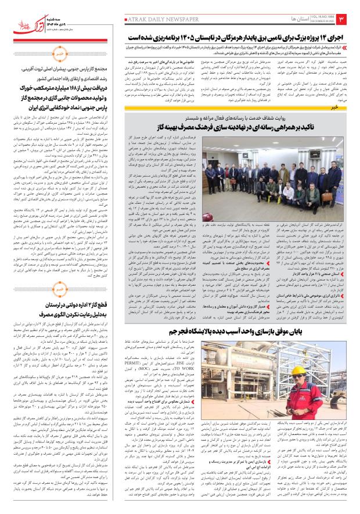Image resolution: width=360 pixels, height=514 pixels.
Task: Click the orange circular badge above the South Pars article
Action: tap(44, 54)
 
